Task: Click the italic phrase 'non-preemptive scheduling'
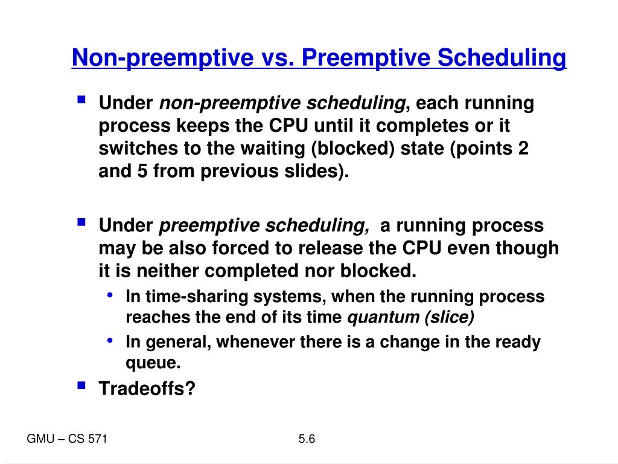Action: (281, 104)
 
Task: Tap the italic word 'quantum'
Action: (379, 318)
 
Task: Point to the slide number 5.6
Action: (307, 439)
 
